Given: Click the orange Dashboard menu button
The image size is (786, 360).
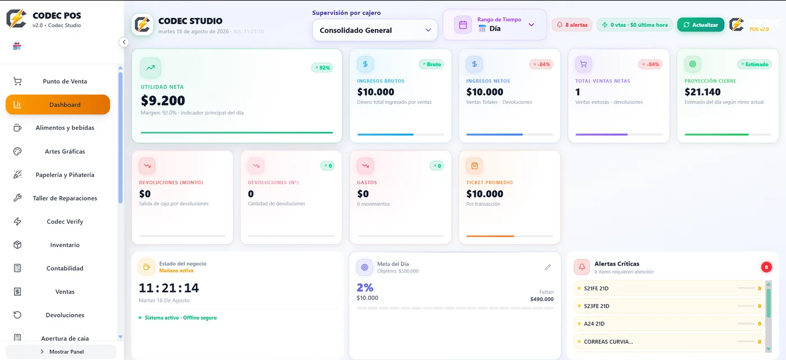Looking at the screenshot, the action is tap(58, 104).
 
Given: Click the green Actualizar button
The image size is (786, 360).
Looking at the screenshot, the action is tap(701, 25).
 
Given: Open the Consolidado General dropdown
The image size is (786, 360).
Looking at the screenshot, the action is tap(375, 30).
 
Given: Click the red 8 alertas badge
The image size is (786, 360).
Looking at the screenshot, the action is tap(572, 25).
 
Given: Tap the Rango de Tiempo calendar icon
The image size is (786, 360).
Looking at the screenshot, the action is tap(463, 25).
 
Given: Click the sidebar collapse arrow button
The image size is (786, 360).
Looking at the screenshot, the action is tap(124, 42).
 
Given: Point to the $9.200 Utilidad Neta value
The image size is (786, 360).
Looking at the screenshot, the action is tap(163, 101).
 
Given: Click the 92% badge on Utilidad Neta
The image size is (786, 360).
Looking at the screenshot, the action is tap(322, 68).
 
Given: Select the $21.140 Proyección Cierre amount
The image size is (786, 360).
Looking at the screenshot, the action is tap(702, 92).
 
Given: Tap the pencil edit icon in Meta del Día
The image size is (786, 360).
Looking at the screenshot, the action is tap(548, 267).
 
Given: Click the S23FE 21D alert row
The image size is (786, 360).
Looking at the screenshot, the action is tap(669, 306).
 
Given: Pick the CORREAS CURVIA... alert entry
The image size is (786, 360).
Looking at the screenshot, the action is tap(669, 341).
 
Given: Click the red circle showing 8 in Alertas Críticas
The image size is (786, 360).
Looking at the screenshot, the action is tap(766, 267).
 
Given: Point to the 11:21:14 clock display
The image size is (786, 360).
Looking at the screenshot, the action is tap(169, 288).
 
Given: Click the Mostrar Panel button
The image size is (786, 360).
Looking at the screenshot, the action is tap(61, 352).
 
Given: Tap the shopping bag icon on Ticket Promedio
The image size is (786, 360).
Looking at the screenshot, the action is tap(474, 166).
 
